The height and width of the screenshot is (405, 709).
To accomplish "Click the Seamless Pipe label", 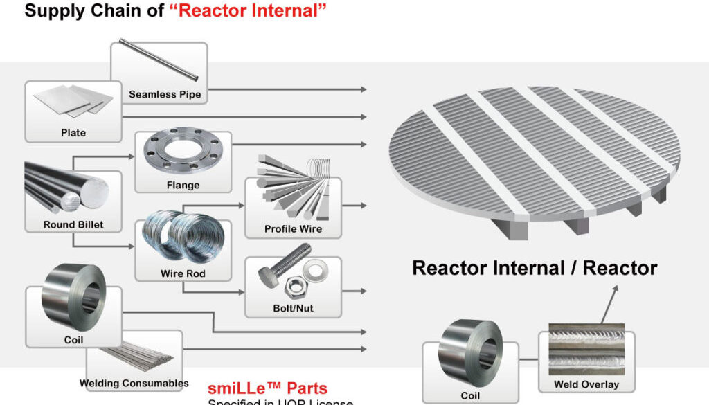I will click(x=165, y=95).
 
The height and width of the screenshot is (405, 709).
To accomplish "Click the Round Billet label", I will click(x=73, y=224).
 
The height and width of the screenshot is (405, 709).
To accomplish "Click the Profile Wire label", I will click(x=293, y=229).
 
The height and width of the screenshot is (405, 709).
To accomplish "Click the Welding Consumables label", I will click(x=134, y=383).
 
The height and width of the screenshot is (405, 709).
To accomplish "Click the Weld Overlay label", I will click(x=586, y=384).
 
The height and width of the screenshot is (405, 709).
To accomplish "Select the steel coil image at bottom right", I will click(x=470, y=354).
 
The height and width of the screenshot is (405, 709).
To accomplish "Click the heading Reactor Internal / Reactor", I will click(x=535, y=268).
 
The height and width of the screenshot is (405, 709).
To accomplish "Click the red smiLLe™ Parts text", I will click(x=267, y=388).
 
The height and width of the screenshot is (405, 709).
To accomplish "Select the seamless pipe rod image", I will click(x=159, y=59).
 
